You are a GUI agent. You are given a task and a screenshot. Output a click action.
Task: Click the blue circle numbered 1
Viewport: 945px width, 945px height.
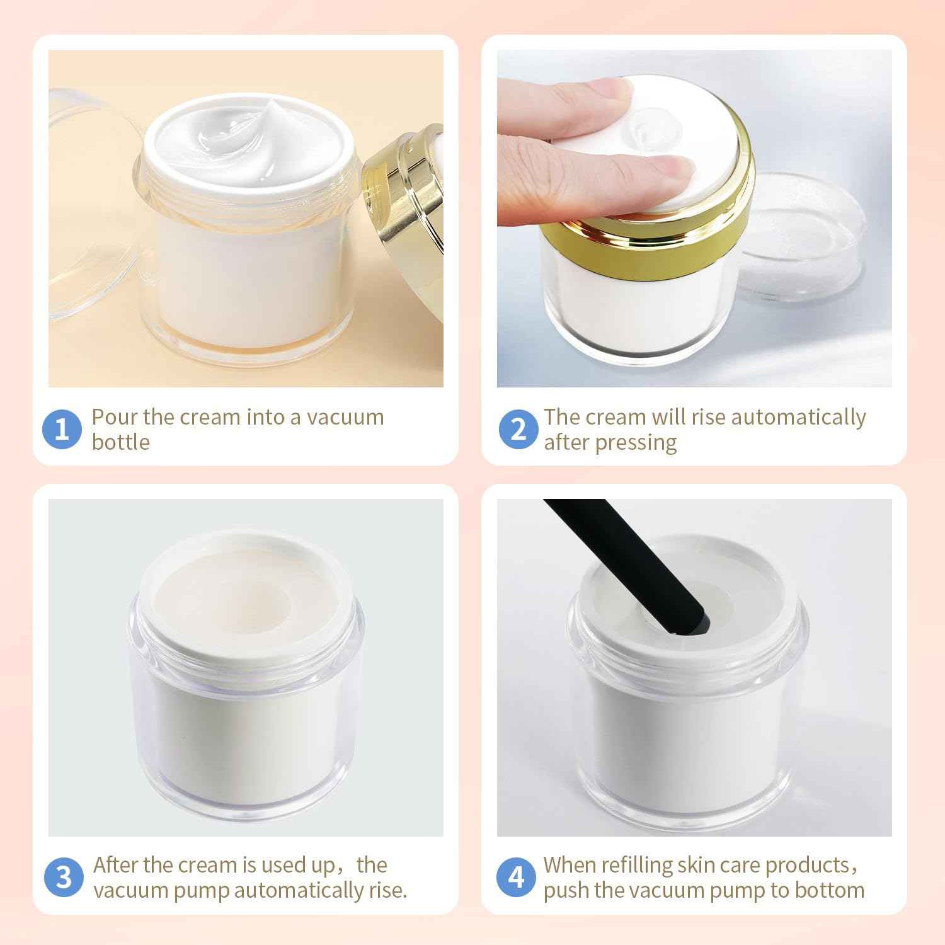click(62, 430)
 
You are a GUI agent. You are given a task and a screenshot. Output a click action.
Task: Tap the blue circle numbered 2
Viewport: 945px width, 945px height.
click(518, 430)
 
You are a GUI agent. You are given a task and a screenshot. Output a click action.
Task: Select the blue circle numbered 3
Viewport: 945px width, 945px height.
click(64, 878)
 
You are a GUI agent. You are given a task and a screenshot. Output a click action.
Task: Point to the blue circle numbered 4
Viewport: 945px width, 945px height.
click(516, 878)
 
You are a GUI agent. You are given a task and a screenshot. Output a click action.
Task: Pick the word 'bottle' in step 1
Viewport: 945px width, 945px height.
click(120, 442)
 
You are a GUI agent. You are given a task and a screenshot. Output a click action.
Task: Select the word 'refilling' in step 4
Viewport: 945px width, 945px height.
click(636, 865)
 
